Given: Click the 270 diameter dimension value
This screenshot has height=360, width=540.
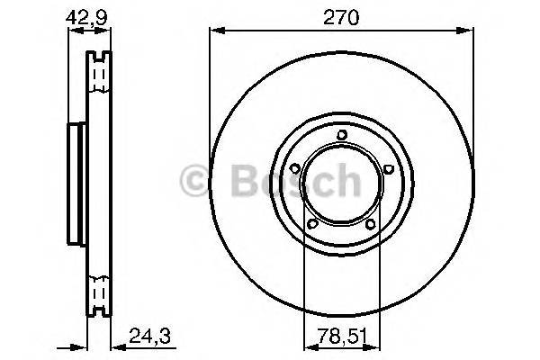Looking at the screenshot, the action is (341, 18).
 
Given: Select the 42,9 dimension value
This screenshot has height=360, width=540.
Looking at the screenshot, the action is (86, 17).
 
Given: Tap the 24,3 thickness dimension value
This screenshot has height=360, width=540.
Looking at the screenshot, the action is (149, 336).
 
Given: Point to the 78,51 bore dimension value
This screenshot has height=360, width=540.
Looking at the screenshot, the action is (342, 336).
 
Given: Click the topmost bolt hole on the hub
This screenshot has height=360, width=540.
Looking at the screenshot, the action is (342, 135).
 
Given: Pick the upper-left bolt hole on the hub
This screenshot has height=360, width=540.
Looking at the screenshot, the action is (295, 168).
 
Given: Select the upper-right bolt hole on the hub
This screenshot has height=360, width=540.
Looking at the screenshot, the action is (388, 168).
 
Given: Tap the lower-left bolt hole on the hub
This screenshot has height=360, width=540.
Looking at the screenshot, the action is (312, 224).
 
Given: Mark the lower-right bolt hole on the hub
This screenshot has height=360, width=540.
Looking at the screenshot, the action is (371, 225).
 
